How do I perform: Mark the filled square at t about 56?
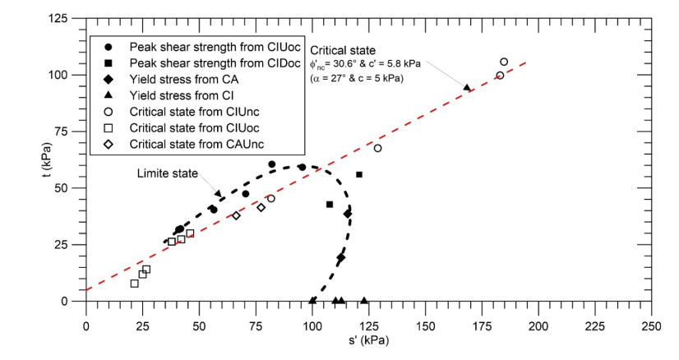(x=359, y=174)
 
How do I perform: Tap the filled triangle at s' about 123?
(x=364, y=300)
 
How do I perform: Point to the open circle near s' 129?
(x=377, y=148)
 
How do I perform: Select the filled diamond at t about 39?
(x=348, y=214)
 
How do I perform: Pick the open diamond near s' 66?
(x=236, y=215)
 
